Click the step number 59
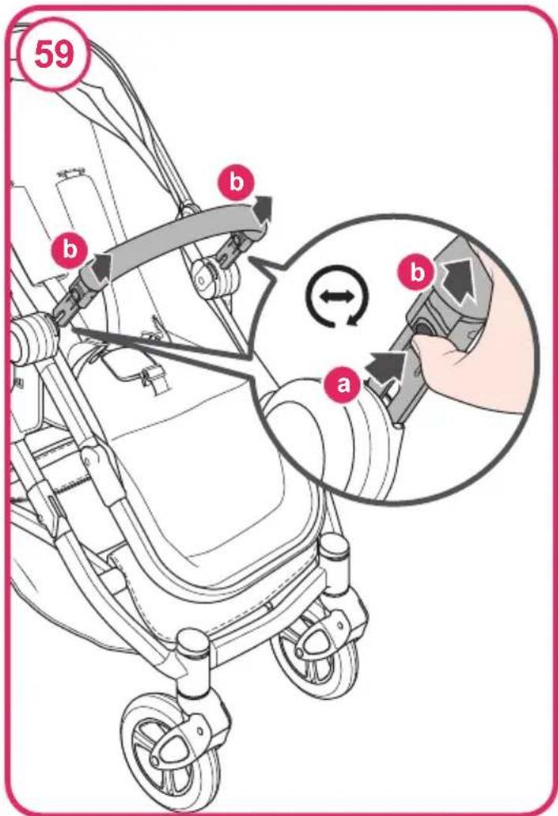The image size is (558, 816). tap(54, 54)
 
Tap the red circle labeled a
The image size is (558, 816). tap(343, 385)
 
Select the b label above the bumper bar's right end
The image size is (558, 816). tap(236, 182)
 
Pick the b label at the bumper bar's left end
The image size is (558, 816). tap(69, 250)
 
